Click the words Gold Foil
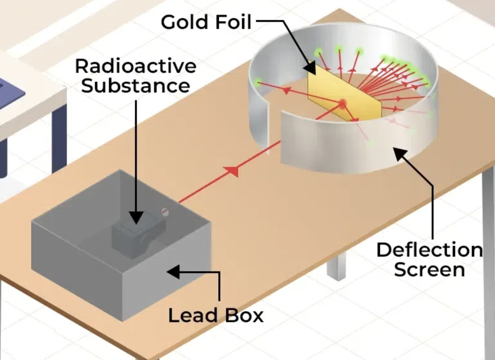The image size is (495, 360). point(206,22)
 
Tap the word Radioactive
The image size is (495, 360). point(136,66)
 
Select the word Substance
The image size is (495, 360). point(136,86)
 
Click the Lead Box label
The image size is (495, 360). point(216,315)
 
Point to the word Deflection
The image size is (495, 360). point(429,250)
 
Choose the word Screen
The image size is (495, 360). point(429,269)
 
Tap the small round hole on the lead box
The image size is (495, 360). point(164,211)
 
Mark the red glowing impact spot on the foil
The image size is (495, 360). point(343,103)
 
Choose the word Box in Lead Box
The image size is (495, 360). point(244,315)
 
